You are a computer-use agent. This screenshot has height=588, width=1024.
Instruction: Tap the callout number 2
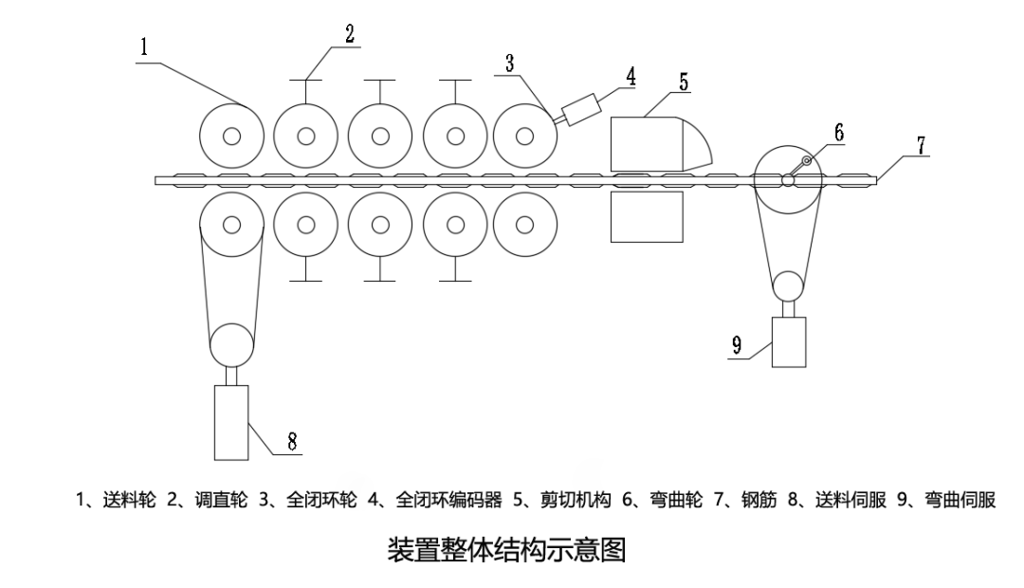350,34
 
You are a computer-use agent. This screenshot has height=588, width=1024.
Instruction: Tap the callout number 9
736,343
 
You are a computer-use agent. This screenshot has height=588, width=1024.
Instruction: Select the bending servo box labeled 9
789,341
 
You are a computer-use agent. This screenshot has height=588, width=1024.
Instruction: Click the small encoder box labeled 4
579,110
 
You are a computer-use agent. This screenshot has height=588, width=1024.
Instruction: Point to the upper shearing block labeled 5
654,142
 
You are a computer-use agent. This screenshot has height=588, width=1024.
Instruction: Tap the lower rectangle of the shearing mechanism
648,216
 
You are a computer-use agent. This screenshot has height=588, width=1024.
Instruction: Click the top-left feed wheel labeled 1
231,136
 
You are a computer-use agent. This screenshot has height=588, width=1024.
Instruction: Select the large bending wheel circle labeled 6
788,179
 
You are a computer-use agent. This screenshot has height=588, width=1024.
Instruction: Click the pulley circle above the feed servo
232,344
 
